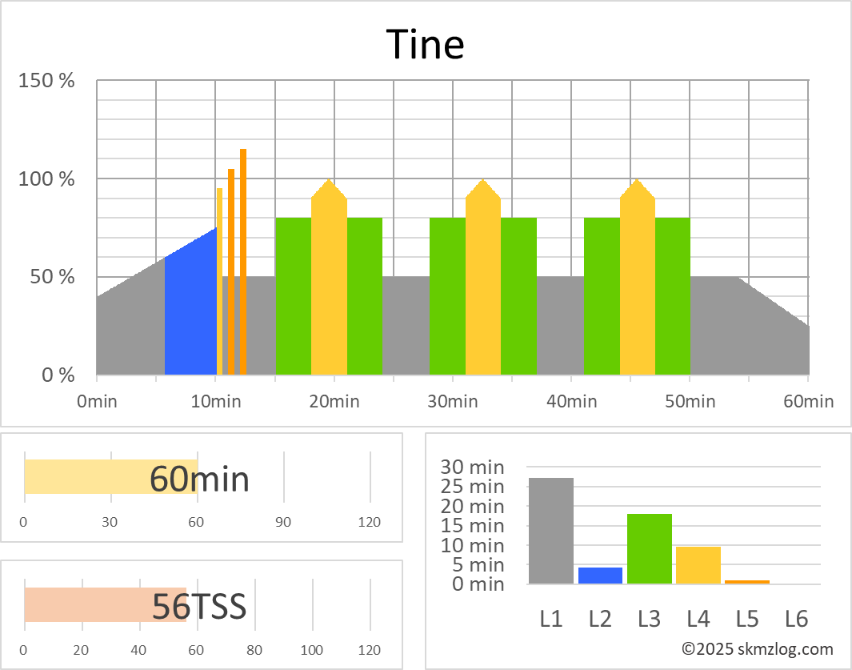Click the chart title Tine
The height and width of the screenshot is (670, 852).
(425, 44)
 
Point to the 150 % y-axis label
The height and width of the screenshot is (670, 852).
(47, 81)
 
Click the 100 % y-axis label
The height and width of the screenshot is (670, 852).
(47, 179)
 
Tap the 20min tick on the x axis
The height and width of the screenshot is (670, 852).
(334, 400)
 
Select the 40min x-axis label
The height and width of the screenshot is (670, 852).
(570, 400)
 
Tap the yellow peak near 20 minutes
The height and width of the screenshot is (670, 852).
(329, 280)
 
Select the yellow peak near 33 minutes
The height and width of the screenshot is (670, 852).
(483, 280)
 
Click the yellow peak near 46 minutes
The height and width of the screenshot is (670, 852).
(638, 280)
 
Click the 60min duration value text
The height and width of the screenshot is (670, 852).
(199, 479)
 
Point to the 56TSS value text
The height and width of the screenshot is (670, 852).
(199, 607)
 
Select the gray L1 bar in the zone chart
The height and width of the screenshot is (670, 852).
(551, 531)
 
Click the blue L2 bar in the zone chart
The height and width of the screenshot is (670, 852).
(600, 576)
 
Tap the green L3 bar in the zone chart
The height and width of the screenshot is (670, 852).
(649, 549)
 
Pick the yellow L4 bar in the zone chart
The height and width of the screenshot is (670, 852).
(698, 565)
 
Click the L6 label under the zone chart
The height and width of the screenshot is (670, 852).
(796, 618)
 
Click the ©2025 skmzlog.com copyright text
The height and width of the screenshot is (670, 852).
(757, 649)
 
